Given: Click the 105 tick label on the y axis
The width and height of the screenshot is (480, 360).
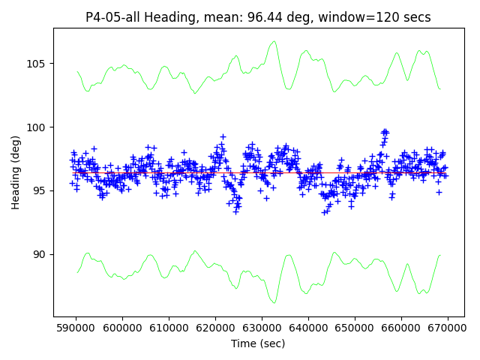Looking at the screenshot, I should [x=37, y=64].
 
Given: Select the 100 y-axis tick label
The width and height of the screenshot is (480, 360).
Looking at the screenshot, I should [x=37, y=127].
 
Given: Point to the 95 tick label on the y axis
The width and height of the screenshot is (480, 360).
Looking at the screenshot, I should [x=40, y=191].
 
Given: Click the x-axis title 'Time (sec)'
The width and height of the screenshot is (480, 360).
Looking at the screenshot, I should [x=258, y=343].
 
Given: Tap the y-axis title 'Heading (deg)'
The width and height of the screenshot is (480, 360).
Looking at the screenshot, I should [x=16, y=172].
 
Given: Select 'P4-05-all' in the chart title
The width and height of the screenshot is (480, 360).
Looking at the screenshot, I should [x=112, y=17].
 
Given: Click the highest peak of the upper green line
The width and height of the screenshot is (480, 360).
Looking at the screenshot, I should [x=274, y=41].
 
